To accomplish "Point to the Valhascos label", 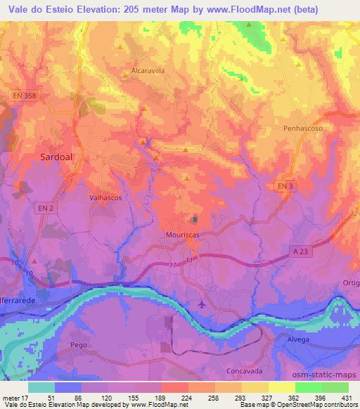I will [x=106, y=197].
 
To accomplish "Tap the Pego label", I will [x=78, y=346].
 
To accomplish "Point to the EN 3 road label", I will [x=283, y=183].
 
